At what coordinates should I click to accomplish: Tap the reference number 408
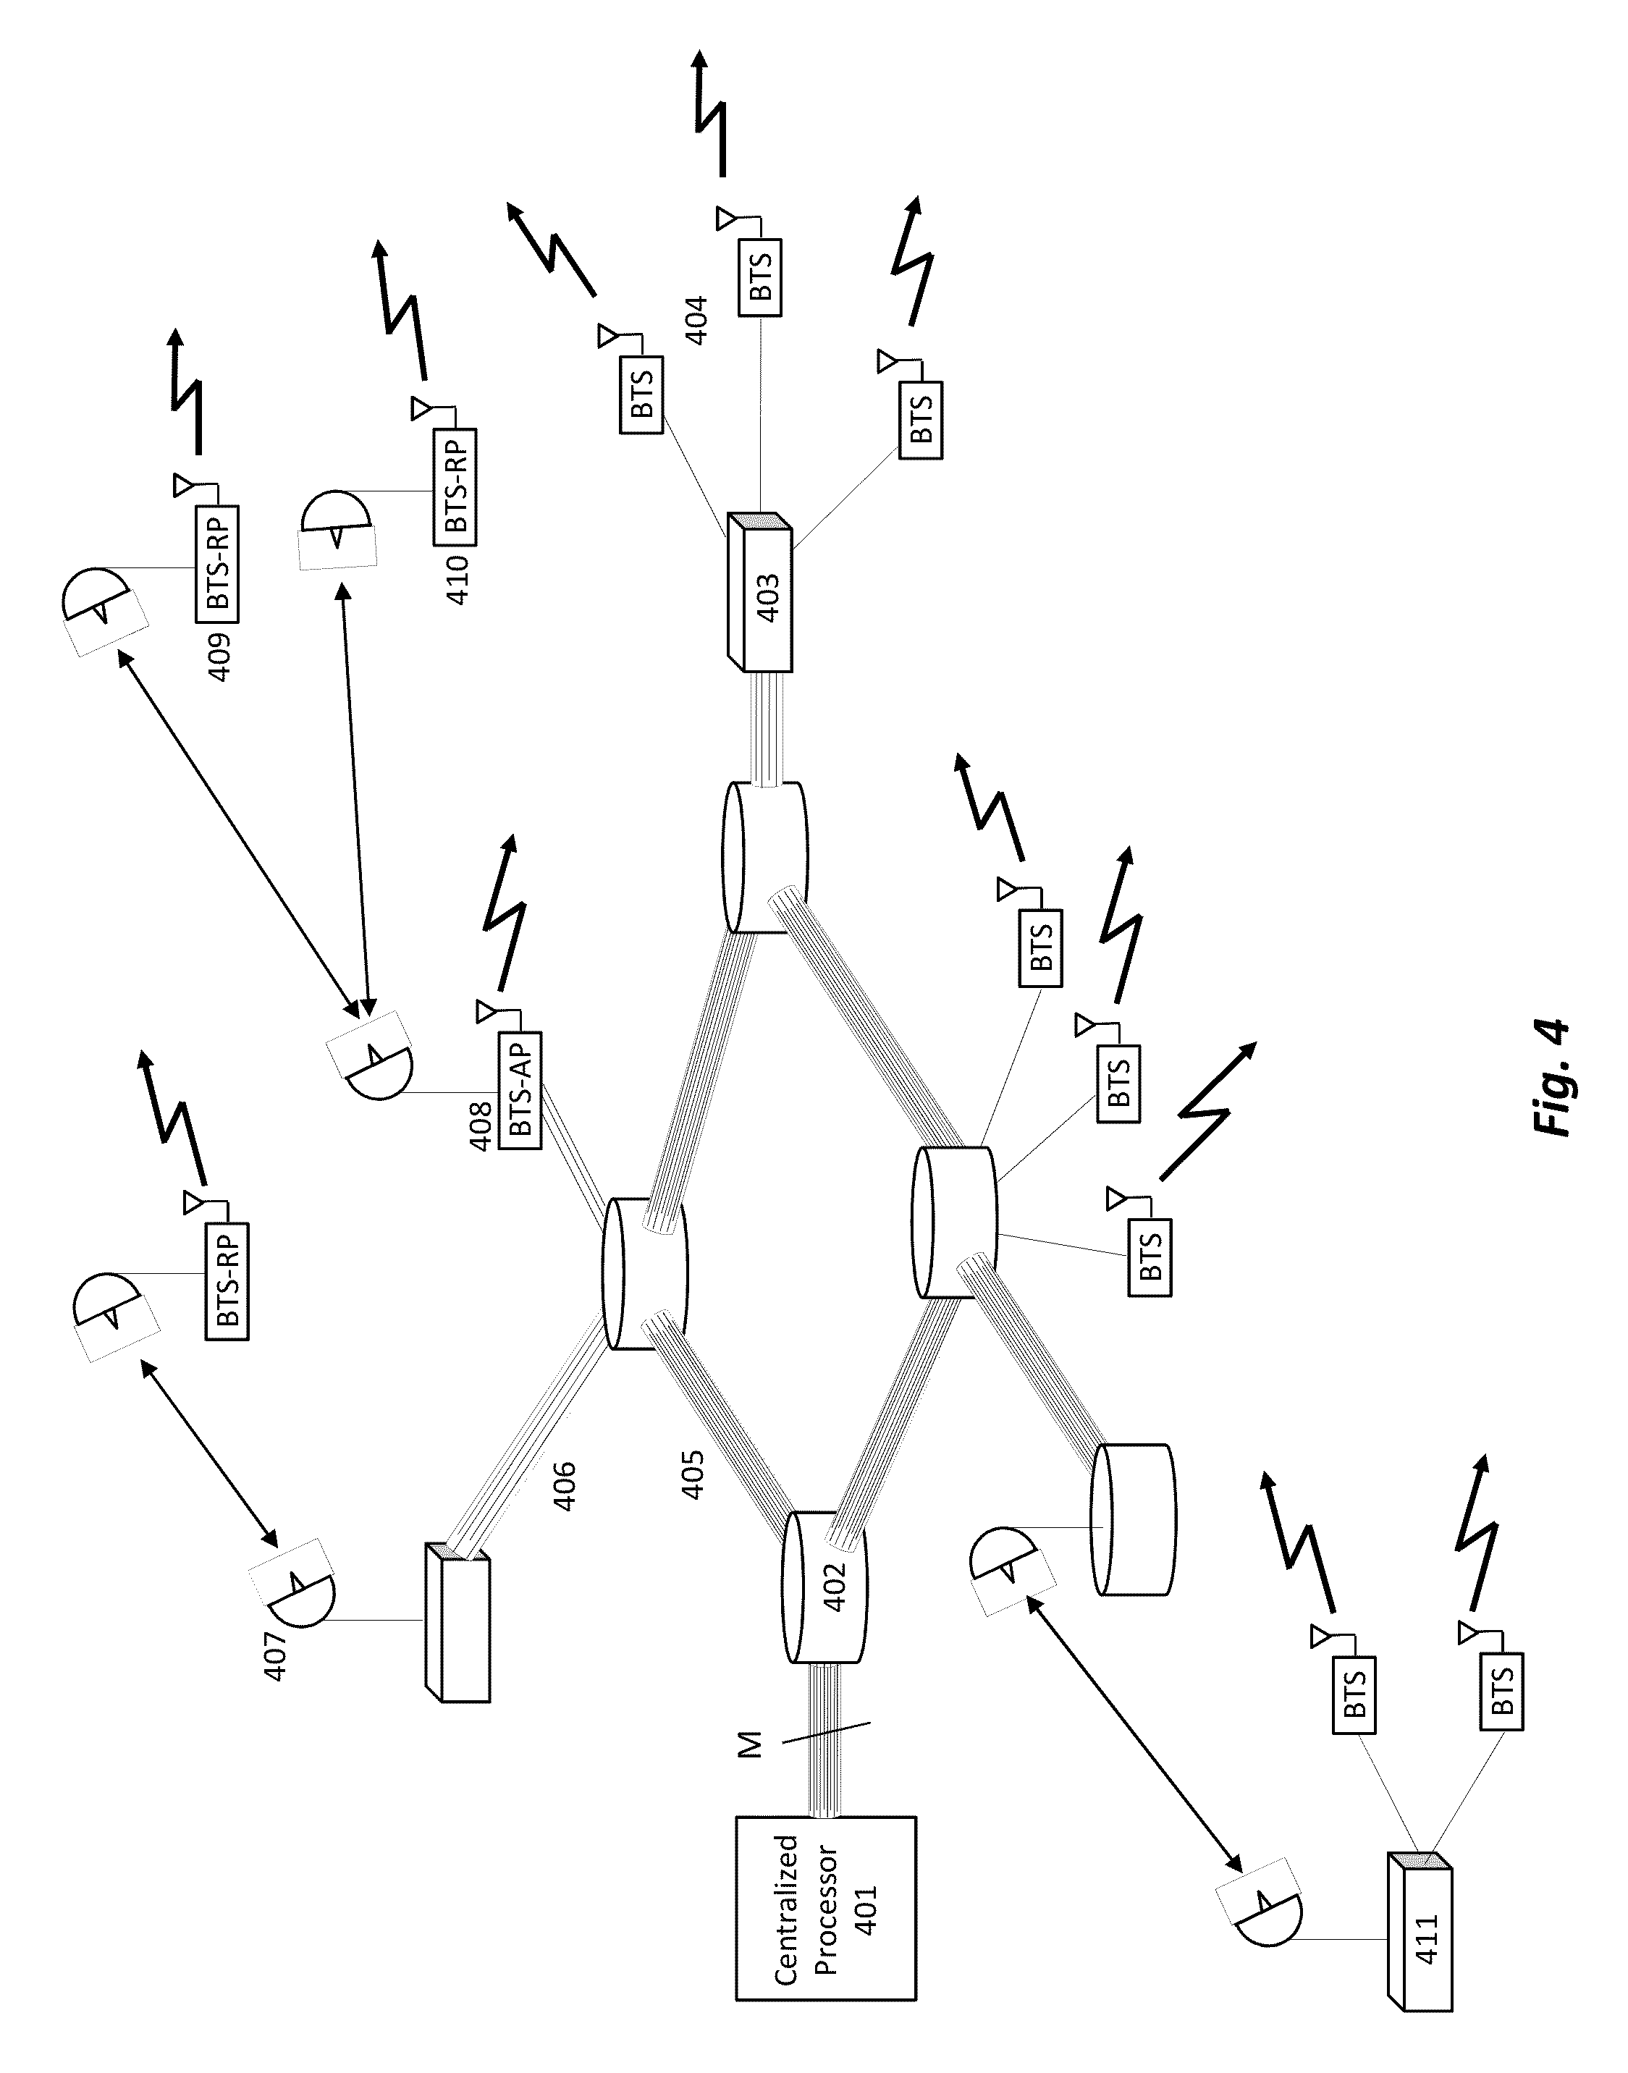pyautogui.click(x=481, y=1126)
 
